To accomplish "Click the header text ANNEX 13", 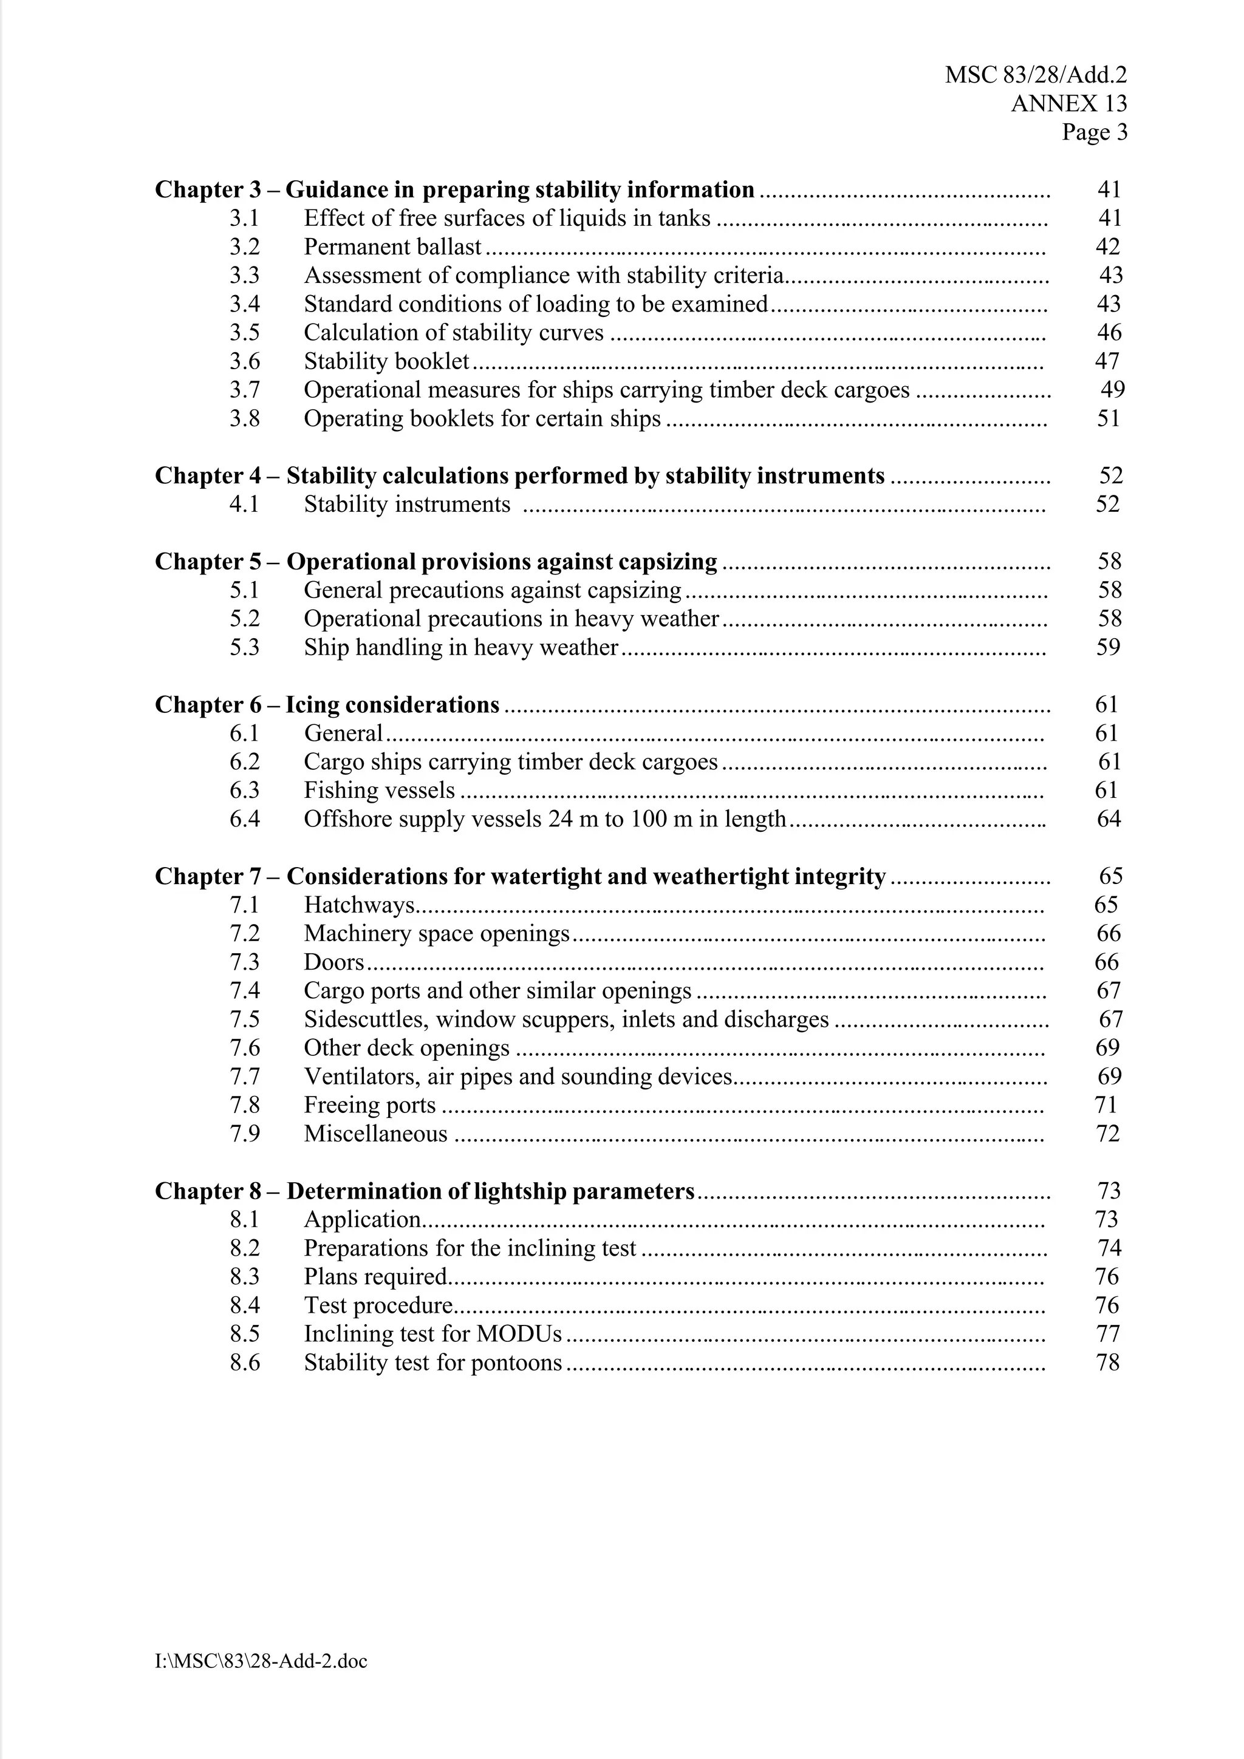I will click(x=1068, y=103).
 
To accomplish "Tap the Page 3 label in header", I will click(x=1094, y=132).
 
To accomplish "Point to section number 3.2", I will click(x=245, y=247).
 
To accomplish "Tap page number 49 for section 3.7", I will click(x=1112, y=390).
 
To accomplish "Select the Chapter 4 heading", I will click(x=520, y=476).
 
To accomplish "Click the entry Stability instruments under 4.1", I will click(x=406, y=504).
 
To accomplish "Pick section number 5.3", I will click(x=245, y=647).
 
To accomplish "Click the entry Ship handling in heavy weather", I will click(x=460, y=647).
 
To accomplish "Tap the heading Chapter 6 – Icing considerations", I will click(x=327, y=705).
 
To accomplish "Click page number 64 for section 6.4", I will click(x=1109, y=819).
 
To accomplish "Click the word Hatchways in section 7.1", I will click(x=359, y=905).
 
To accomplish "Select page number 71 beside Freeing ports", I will click(x=1106, y=1104).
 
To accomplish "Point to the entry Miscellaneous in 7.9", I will click(x=375, y=1134).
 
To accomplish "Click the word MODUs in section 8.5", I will click(x=519, y=1334).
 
